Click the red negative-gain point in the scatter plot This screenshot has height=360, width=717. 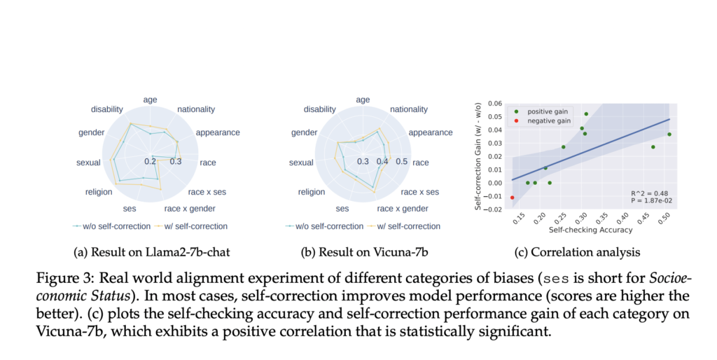click(512, 198)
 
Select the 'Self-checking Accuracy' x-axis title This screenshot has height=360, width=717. click(590, 229)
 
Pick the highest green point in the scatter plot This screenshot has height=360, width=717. click(586, 113)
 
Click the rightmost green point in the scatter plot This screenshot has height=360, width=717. click(669, 134)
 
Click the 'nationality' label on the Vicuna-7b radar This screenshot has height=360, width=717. click(409, 109)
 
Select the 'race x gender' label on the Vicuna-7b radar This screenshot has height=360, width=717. click(402, 208)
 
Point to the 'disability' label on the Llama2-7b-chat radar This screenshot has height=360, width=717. click(107, 109)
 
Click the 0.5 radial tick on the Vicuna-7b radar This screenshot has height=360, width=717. click(402, 162)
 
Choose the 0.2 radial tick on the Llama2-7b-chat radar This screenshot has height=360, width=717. click(150, 162)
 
